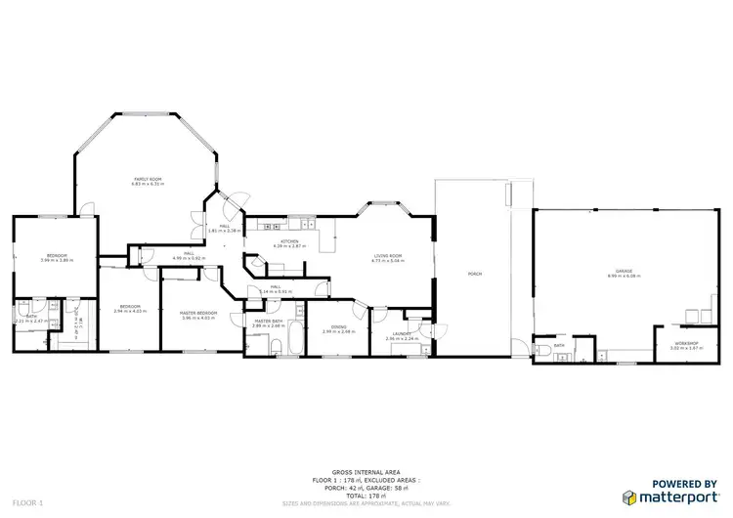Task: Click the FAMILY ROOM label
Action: [148, 179]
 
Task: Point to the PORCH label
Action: [475, 274]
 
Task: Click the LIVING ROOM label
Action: [387, 256]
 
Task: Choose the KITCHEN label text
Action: [289, 241]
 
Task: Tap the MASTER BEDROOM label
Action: [196, 313]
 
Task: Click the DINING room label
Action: [339, 327]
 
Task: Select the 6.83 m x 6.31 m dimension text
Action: [148, 185]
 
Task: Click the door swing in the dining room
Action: [363, 315]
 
